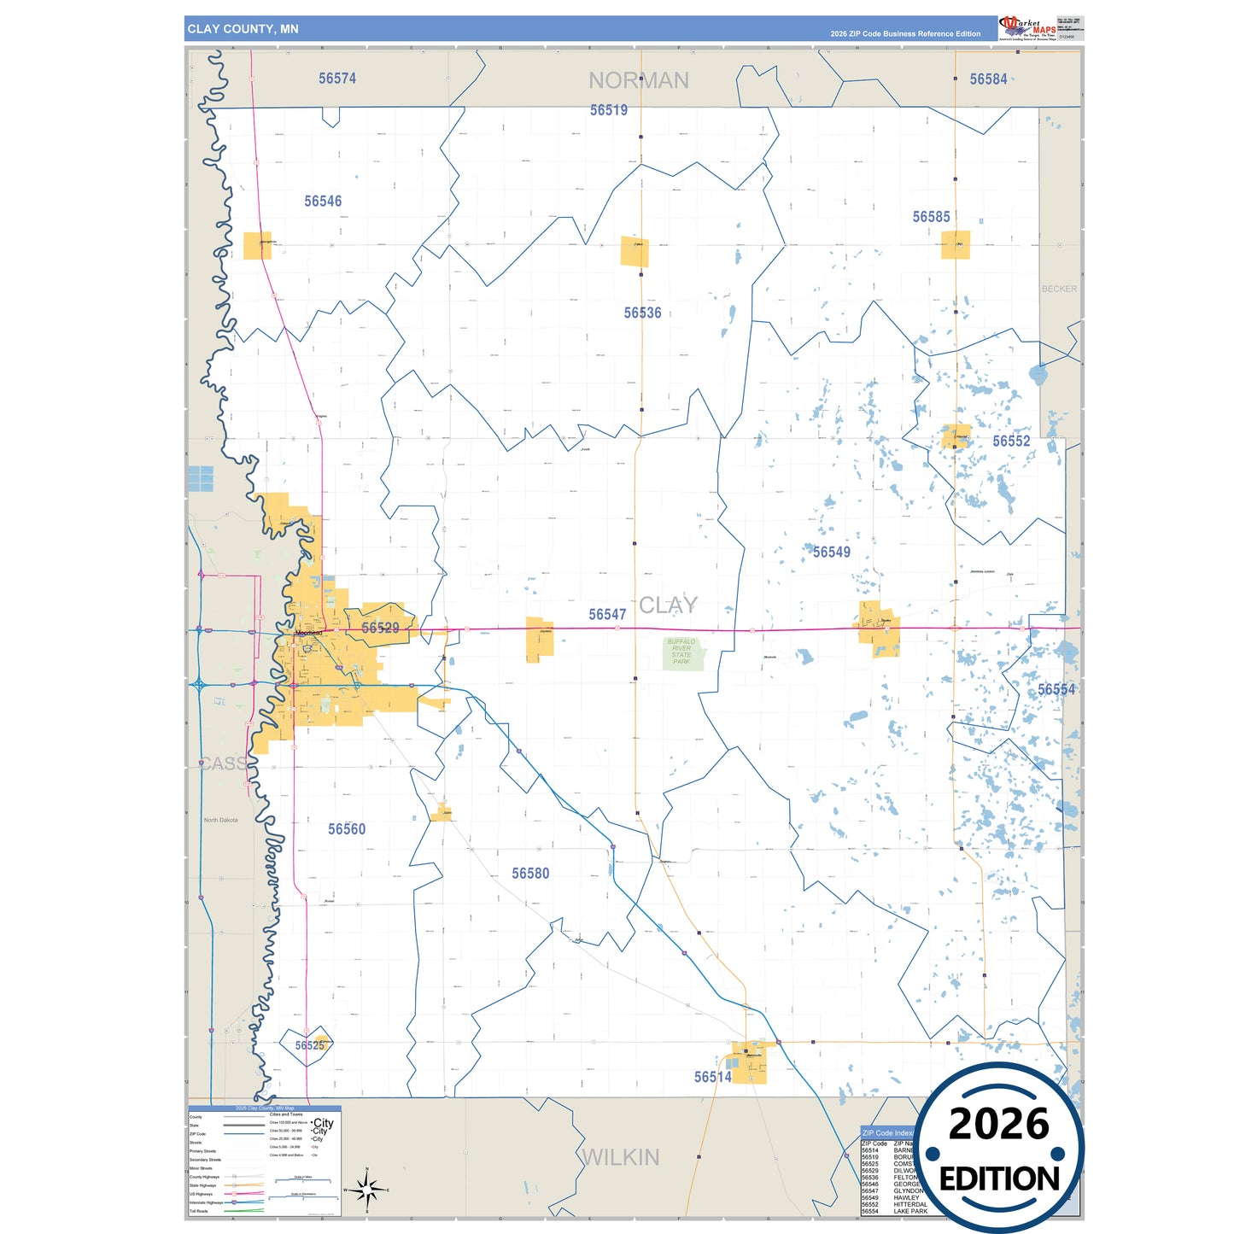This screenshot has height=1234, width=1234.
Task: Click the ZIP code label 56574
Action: pyautogui.click(x=337, y=79)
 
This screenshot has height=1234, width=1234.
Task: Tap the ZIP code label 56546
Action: pyautogui.click(x=323, y=202)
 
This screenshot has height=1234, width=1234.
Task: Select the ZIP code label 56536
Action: pyautogui.click(x=642, y=313)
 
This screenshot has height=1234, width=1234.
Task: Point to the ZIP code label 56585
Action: pyautogui.click(x=931, y=217)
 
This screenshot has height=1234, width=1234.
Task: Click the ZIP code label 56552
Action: pyautogui.click(x=1011, y=442)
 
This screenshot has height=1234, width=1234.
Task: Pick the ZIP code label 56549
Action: pyautogui.click(x=831, y=553)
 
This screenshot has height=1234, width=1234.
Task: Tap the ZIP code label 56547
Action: pyautogui.click(x=607, y=615)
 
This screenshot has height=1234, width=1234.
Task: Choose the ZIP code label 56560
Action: pyautogui.click(x=347, y=829)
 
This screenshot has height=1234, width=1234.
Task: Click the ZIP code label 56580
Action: pyautogui.click(x=530, y=874)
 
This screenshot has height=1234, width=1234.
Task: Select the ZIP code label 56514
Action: pyautogui.click(x=712, y=1078)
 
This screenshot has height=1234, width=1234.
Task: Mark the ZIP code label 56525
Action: pyautogui.click(x=309, y=1045)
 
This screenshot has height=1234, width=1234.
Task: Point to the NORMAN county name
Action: pyautogui.click(x=638, y=81)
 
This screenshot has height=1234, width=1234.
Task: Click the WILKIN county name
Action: pyautogui.click(x=621, y=1158)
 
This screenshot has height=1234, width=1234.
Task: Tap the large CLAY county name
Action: pyautogui.click(x=668, y=605)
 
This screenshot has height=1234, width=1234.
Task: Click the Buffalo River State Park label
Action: pyautogui.click(x=681, y=652)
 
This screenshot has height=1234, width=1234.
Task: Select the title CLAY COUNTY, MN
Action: pyautogui.click(x=243, y=29)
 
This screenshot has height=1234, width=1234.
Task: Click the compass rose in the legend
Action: pyautogui.click(x=366, y=1189)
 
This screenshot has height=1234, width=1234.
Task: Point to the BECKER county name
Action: pyautogui.click(x=1059, y=289)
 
